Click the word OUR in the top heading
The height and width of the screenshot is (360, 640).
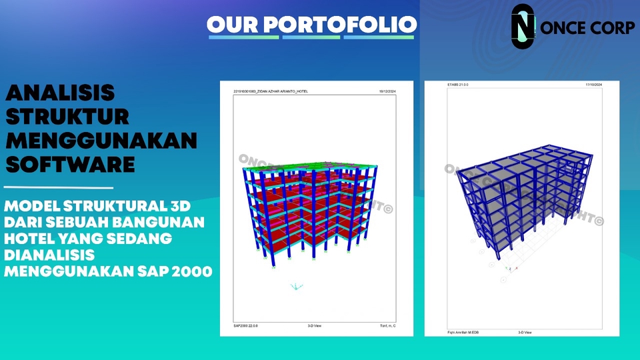coord(233,24)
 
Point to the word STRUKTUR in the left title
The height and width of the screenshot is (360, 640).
coord(67,117)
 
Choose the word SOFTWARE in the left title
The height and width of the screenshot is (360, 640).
coord(70,163)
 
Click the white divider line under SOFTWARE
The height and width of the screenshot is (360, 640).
coord(59,188)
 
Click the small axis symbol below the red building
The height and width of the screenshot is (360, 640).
coord(296,286)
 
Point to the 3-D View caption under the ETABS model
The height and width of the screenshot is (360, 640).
coord(525,331)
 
